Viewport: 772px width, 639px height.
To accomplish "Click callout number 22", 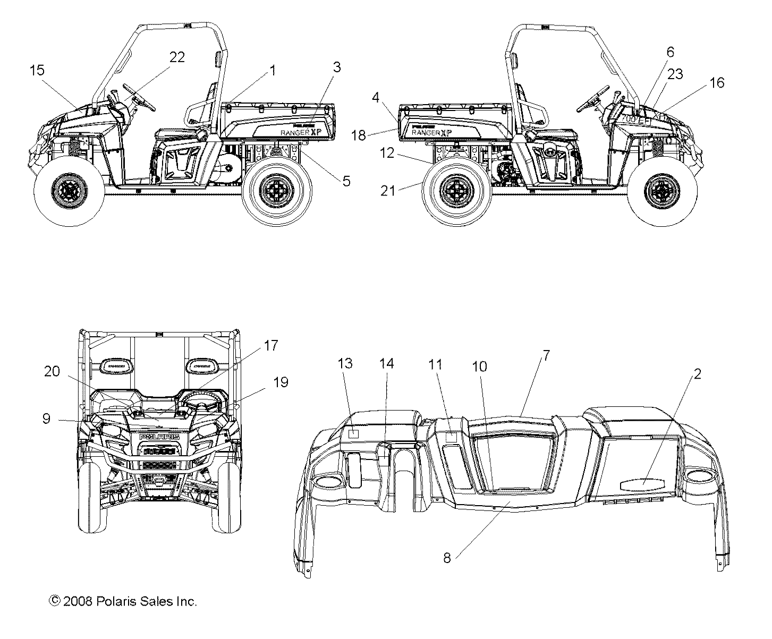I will point(177,57).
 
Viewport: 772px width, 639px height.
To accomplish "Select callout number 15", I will point(37,70).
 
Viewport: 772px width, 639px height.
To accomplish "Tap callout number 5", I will point(346,181).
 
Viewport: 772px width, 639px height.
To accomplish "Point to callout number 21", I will point(388,190).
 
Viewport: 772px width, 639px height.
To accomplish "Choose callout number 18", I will point(359,135).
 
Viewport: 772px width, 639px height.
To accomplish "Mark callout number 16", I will point(717,82).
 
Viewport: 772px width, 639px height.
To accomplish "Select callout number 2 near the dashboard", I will point(698,374).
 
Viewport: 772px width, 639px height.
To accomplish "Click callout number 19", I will point(281,382).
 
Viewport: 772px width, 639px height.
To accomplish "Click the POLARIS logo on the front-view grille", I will point(159,437).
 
